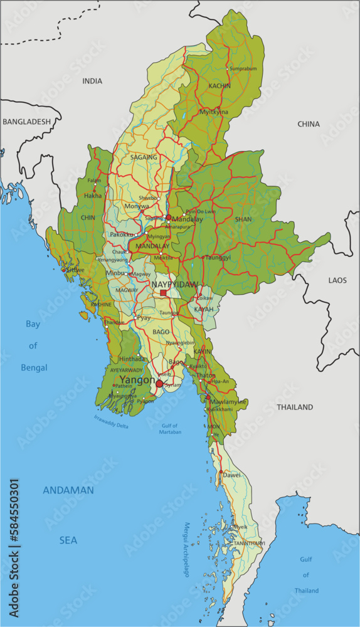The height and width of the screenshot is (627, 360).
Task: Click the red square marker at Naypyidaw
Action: [x=163, y=293]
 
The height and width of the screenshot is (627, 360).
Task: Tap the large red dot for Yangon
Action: [x=159, y=384]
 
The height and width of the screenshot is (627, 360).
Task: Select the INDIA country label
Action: [x=92, y=81]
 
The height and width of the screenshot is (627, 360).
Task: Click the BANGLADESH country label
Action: [x=26, y=122]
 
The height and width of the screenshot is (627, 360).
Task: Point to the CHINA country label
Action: [x=309, y=124]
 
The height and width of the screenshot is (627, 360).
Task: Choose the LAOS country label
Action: [x=337, y=280]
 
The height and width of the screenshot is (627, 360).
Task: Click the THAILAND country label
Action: [x=295, y=407]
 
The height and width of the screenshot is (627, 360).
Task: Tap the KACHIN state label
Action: [x=220, y=86]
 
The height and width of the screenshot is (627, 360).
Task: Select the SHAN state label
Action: [x=243, y=219]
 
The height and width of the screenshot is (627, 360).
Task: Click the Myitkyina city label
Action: [x=214, y=112]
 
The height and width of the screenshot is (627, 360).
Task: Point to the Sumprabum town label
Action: [x=243, y=68]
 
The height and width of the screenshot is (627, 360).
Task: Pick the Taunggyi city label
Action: [x=218, y=257]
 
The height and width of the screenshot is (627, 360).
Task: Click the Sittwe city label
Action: [x=75, y=270]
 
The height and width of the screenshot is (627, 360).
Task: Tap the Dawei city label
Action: [x=231, y=475]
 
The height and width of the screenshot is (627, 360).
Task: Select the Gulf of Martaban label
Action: [x=167, y=429]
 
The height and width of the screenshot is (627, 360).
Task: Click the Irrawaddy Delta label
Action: [x=111, y=421]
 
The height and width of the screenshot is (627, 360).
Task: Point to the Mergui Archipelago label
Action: [x=186, y=549]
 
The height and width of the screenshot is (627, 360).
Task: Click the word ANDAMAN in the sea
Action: [x=68, y=490]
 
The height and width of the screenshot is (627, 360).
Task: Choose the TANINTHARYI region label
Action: [x=250, y=543]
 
